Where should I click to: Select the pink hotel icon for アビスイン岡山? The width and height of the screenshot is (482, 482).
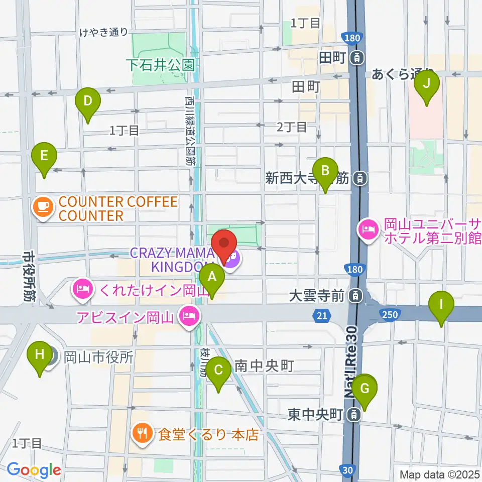tap(189, 316)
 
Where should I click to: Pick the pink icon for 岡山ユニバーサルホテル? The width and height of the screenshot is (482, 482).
tap(368, 230)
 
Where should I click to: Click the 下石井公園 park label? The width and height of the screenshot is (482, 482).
tap(160, 65)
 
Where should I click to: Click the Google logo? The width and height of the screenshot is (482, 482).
tap(34, 469)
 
